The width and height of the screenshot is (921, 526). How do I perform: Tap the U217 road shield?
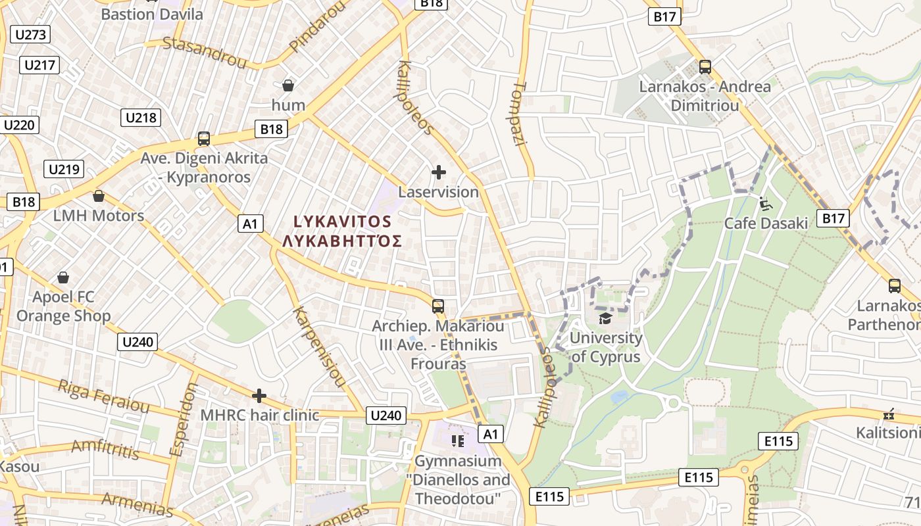click(x=41, y=65)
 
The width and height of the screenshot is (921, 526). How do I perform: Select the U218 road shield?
click(x=141, y=118)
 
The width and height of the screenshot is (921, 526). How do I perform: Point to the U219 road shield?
click(x=64, y=169)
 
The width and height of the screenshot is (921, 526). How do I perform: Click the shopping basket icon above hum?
click(x=287, y=85)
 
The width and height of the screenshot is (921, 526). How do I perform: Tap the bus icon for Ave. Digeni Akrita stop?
click(x=204, y=139)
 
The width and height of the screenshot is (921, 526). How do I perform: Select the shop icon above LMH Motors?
click(x=99, y=196)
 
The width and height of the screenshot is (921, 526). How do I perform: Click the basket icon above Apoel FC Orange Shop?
click(x=63, y=277)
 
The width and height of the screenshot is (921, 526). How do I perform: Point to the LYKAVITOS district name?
click(x=342, y=222)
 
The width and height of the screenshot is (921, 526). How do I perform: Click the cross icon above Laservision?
click(x=439, y=172)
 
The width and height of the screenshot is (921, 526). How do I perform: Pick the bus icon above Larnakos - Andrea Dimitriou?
click(x=705, y=66)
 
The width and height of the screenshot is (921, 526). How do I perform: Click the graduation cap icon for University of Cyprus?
click(x=605, y=319)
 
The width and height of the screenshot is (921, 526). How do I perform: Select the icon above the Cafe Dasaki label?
click(x=766, y=204)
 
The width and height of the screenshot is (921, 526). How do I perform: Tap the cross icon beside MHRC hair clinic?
click(x=259, y=396)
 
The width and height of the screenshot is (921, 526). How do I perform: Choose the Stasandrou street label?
click(x=204, y=53)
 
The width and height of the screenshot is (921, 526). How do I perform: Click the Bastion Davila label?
click(x=152, y=14)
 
